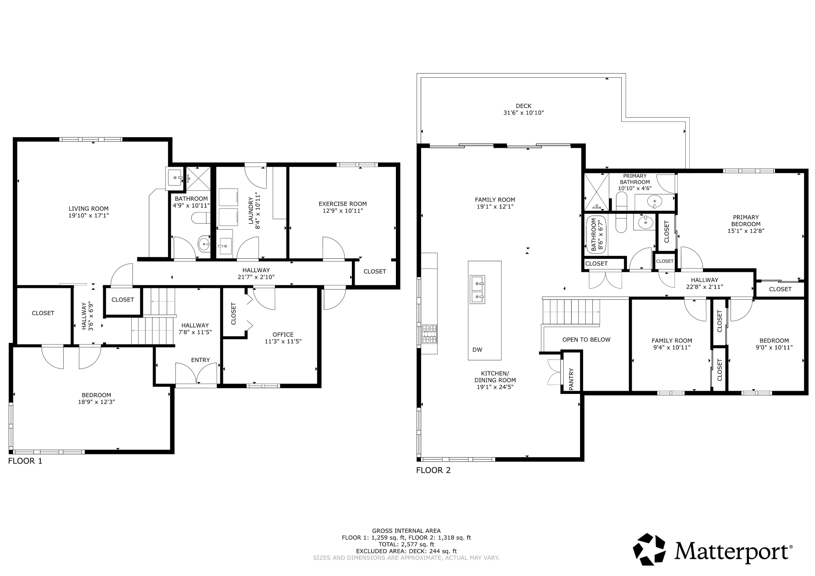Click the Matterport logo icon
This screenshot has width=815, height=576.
tap(649, 549)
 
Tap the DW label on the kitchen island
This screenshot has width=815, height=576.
tap(477, 350)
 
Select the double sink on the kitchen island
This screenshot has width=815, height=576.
tap(477, 289)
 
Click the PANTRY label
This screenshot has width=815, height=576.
tap(571, 379)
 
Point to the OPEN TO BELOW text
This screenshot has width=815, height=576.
tap(586, 340)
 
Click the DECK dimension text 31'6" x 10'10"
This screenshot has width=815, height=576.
tap(524, 113)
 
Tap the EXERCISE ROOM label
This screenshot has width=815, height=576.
tap(343, 204)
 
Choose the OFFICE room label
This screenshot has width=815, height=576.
tap(283, 334)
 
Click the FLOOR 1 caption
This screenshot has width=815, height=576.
tap(25, 461)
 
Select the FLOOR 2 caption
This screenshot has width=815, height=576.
tap(434, 470)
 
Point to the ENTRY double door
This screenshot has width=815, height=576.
tap(197, 373)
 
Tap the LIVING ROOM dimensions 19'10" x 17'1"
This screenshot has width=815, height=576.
tap(88, 215)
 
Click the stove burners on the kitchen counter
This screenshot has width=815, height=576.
tap(430, 334)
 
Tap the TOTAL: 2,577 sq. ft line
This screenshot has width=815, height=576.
tap(406, 544)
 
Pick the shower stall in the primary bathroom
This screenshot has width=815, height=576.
tap(596, 192)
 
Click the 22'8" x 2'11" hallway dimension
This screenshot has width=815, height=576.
tap(704, 287)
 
